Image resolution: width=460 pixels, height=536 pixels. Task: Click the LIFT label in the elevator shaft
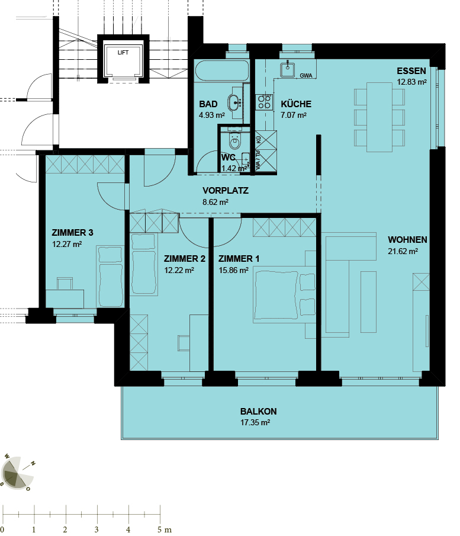click(x=123, y=52)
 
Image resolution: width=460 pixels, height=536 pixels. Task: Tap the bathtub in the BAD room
click(x=222, y=71)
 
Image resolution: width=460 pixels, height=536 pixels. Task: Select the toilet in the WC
click(x=234, y=141)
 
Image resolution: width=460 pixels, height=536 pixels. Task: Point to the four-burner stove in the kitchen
click(x=265, y=102)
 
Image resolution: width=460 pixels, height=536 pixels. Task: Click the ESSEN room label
click(x=411, y=71)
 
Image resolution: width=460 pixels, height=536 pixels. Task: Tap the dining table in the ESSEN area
click(x=379, y=117)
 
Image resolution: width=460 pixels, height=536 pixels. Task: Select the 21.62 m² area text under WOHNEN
click(x=403, y=251)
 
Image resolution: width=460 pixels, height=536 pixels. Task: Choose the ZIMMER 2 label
click(x=185, y=259)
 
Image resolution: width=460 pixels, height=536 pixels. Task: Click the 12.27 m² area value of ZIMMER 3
click(x=67, y=244)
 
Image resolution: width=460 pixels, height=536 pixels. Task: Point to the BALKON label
click(x=258, y=411)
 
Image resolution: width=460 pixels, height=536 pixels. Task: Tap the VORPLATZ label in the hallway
click(x=225, y=191)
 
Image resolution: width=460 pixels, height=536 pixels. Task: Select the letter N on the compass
click(x=33, y=464)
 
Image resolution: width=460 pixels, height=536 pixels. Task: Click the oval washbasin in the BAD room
click(x=234, y=102)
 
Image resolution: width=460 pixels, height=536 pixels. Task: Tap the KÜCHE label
click(x=296, y=104)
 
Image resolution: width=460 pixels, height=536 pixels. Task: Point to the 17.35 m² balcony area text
click(x=255, y=422)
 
